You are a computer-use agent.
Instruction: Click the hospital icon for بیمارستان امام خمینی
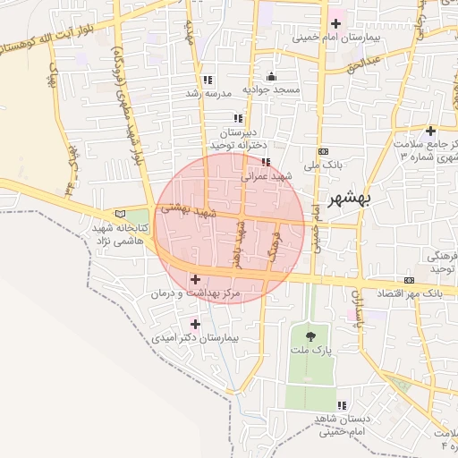pyautogui.click(x=336, y=23)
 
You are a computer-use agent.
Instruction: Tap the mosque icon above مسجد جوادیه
pyautogui.click(x=271, y=76)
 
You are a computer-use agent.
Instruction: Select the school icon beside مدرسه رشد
pyautogui.click(x=208, y=80)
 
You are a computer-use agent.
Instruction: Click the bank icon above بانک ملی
pyautogui.click(x=322, y=152)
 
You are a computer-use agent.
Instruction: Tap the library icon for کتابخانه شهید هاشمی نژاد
pyautogui.click(x=121, y=215)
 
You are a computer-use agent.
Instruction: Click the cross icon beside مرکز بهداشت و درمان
pyautogui.click(x=196, y=280)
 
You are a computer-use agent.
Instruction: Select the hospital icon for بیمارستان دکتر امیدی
pyautogui.click(x=196, y=323)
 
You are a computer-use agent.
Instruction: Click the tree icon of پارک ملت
pyautogui.click(x=310, y=336)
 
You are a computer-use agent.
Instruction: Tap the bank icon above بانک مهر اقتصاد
pyautogui.click(x=410, y=280)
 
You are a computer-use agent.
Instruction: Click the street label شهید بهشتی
pyautogui.click(x=190, y=209)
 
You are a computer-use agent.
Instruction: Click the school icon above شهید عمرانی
pyautogui.click(x=265, y=162)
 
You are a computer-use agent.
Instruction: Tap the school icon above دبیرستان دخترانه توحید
pyautogui.click(x=237, y=117)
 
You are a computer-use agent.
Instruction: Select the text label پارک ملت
pyautogui.click(x=309, y=352)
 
